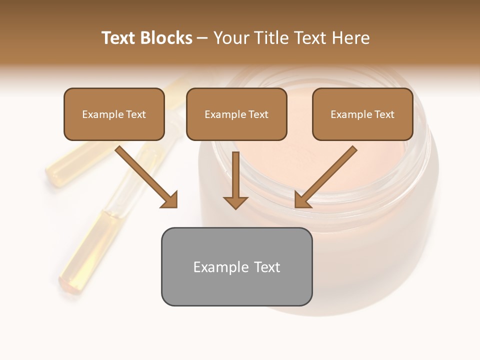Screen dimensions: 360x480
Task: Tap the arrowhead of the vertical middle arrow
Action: click(235, 202)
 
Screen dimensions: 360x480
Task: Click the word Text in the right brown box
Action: click(384, 114)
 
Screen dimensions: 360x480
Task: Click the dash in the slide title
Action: click(202, 38)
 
